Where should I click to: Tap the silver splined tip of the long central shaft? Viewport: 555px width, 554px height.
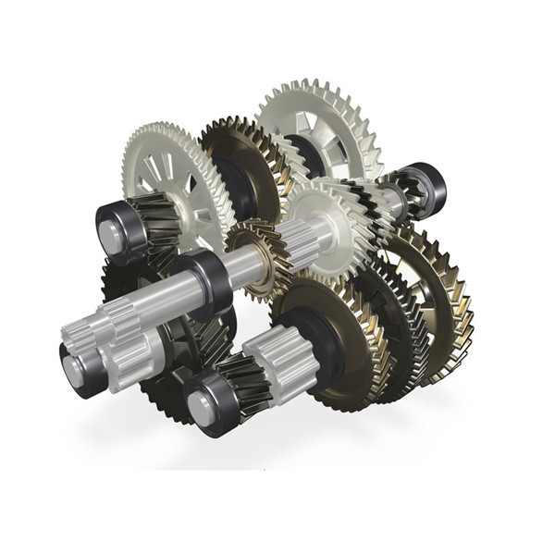pos(92,324)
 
